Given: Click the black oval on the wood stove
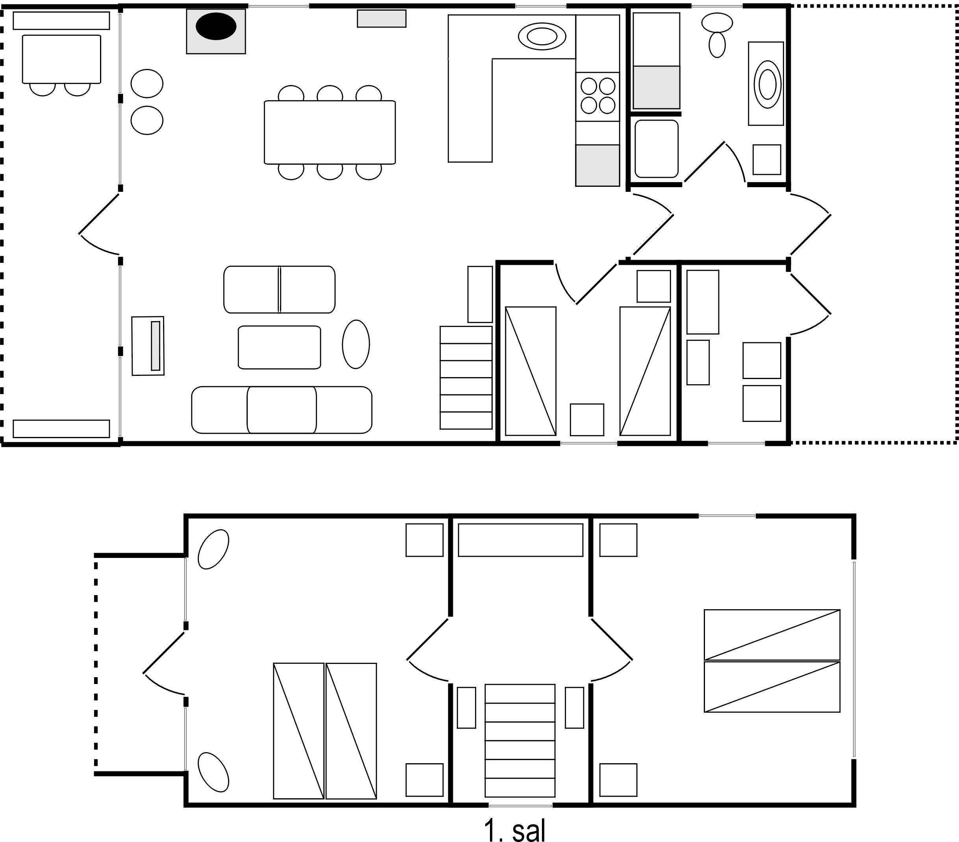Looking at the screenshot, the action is (x=216, y=27).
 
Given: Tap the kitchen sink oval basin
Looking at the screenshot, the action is (x=542, y=36).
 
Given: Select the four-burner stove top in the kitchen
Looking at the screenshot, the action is (x=598, y=96).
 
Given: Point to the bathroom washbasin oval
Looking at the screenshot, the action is (x=768, y=84).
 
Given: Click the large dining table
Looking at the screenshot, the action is (x=330, y=132).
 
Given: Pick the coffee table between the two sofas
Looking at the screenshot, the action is (x=280, y=347).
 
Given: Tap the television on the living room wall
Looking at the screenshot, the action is (x=155, y=346).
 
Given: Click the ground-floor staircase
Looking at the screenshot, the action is (x=466, y=377).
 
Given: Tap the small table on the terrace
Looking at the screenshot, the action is (x=61, y=59).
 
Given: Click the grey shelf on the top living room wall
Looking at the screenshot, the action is (x=382, y=19).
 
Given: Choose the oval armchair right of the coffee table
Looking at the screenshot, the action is (x=356, y=344).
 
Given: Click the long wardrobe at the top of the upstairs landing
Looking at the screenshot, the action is (x=520, y=540).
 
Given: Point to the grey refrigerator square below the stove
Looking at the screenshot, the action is (x=598, y=165).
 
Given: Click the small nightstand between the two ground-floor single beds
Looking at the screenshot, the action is (x=587, y=420).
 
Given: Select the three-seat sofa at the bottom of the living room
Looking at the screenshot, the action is (x=282, y=410).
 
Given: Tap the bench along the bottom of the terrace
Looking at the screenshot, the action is (x=61, y=429).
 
